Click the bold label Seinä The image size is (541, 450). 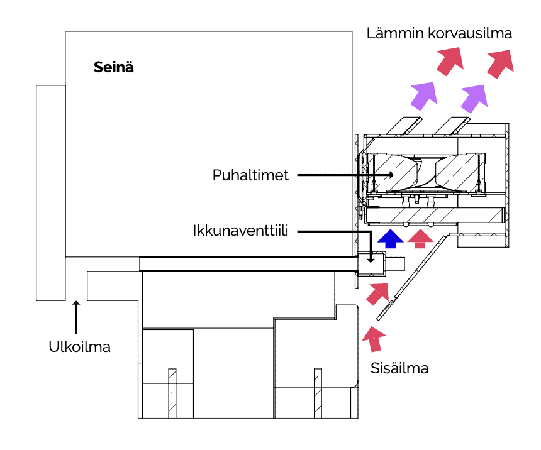coord(113,67)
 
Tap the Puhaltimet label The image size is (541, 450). coord(250,175)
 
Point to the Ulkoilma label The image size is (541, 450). coord(79,346)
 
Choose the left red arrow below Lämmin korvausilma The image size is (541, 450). coord(450,60)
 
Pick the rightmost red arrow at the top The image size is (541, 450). coord(500,63)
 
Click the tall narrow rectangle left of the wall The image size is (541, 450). coord(50,192)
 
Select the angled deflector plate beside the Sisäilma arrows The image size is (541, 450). coord(409,277)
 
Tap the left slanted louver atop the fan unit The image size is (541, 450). coord(403,125)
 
